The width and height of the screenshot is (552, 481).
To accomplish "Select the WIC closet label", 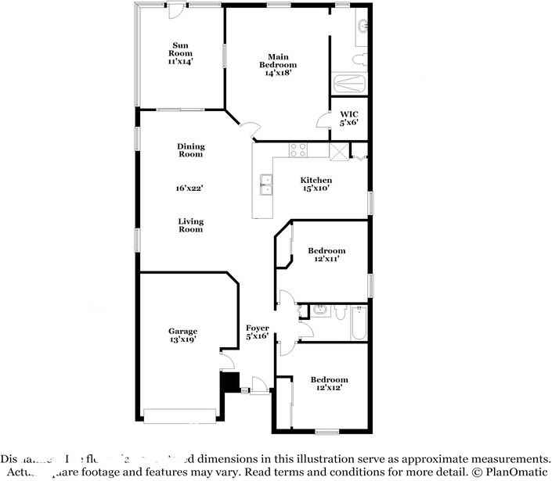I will pyautogui.click(x=348, y=117).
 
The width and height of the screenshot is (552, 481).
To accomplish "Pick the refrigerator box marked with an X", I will pyautogui.click(x=339, y=152).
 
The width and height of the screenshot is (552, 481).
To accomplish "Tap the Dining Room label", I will pyautogui.click(x=190, y=150).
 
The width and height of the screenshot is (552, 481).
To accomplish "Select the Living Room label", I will pyautogui.click(x=190, y=225).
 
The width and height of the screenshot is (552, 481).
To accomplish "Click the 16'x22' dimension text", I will pyautogui.click(x=190, y=188).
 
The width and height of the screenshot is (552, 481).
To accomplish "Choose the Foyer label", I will pyautogui.click(x=258, y=332).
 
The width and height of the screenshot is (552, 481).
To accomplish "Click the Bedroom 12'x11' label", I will pyautogui.click(x=327, y=256).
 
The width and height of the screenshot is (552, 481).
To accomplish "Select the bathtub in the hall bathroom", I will pyautogui.click(x=359, y=323).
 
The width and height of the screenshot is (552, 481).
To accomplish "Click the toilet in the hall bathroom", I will pyautogui.click(x=339, y=313).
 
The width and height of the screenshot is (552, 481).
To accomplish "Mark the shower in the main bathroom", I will pyautogui.click(x=349, y=84).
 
